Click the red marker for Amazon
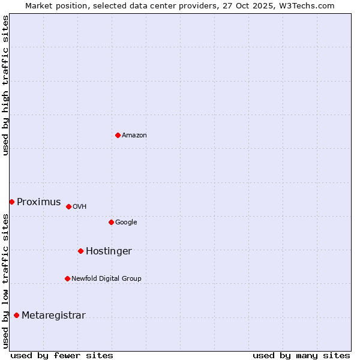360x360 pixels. click(x=118, y=135)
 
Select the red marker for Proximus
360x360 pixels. click(x=11, y=202)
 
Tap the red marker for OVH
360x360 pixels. click(x=68, y=206)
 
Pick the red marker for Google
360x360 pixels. click(x=111, y=222)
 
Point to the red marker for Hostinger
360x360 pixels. click(x=80, y=251)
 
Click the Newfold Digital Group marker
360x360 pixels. click(x=67, y=278)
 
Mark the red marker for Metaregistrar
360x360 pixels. click(x=16, y=315)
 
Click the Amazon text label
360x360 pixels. click(x=134, y=136)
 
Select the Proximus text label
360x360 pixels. click(x=39, y=202)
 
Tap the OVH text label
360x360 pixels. click(x=80, y=207)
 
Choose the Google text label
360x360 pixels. click(x=126, y=223)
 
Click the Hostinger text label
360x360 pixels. click(x=109, y=251)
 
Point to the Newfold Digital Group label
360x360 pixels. click(x=106, y=279)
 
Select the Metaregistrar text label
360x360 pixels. click(x=53, y=316)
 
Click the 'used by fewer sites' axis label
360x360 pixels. click(x=62, y=355)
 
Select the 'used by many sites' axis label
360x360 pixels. click(x=301, y=355)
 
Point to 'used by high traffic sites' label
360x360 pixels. click(x=5, y=85)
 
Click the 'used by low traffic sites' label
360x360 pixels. click(x=5, y=281)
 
